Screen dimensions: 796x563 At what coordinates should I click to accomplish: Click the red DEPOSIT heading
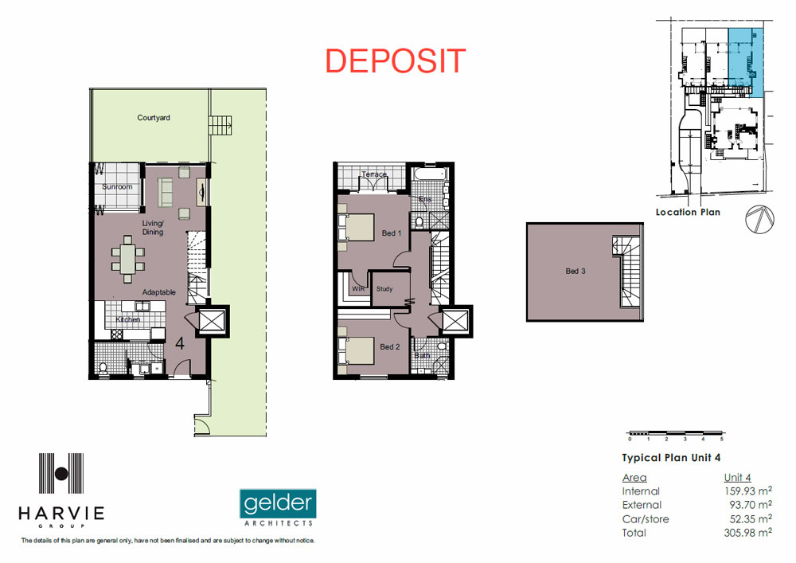tap(395, 61)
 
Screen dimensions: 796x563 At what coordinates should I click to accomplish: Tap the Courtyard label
tap(154, 118)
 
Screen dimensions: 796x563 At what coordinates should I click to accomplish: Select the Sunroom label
tap(117, 187)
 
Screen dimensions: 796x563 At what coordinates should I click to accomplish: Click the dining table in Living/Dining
tap(127, 259)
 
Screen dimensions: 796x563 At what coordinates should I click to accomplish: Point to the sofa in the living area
tap(165, 193)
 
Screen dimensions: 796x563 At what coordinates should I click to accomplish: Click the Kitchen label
tap(128, 319)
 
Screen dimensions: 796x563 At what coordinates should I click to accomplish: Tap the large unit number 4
tap(180, 344)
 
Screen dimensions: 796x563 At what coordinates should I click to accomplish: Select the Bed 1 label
tap(392, 233)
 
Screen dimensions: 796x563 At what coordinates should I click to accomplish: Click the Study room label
tap(384, 289)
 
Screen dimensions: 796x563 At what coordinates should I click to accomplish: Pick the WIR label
tap(358, 289)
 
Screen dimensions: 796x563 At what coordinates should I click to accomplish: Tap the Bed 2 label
tap(390, 346)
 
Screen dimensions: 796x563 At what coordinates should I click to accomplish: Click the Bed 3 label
tap(576, 271)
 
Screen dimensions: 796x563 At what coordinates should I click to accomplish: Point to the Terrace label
tap(374, 174)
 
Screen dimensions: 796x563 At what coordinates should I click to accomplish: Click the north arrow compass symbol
tap(759, 219)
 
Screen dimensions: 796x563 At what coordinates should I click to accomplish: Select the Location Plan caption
tap(688, 212)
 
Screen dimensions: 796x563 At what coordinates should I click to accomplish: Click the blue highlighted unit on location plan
tap(745, 62)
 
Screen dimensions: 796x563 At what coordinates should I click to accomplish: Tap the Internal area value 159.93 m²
tap(747, 491)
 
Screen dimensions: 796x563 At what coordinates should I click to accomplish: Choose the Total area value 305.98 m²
tap(747, 533)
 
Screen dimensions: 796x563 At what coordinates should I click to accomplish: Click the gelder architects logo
tap(278, 508)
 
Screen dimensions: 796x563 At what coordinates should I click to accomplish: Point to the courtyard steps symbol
tap(220, 125)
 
